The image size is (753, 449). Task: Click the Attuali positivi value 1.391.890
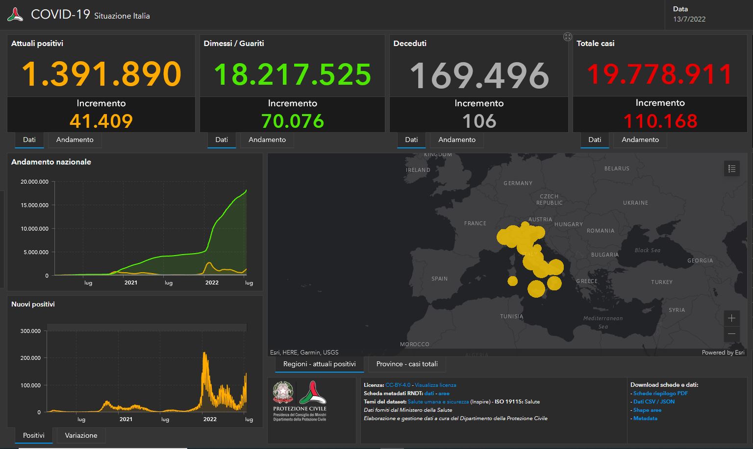coord(101,74)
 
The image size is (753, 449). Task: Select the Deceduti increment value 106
coord(479,121)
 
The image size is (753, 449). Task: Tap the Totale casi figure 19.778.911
coord(660,74)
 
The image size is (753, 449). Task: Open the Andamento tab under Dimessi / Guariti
coord(267,140)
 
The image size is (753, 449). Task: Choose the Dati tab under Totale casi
coord(595,140)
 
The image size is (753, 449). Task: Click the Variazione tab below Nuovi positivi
coord(81,435)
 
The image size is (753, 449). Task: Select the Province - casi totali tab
coord(407,364)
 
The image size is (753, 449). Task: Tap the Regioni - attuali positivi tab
coord(319,364)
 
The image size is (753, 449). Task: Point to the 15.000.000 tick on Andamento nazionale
coord(34,205)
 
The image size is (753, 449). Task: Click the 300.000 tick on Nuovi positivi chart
coord(30,331)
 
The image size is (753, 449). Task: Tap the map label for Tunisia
coord(511,316)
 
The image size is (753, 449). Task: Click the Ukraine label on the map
coord(635,203)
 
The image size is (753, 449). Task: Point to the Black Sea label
coord(648,250)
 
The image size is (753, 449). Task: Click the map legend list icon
coord(731,168)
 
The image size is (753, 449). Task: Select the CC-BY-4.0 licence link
coord(398,385)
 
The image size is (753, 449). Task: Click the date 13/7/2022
coord(689,19)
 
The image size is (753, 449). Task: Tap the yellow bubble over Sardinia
coord(512,281)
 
